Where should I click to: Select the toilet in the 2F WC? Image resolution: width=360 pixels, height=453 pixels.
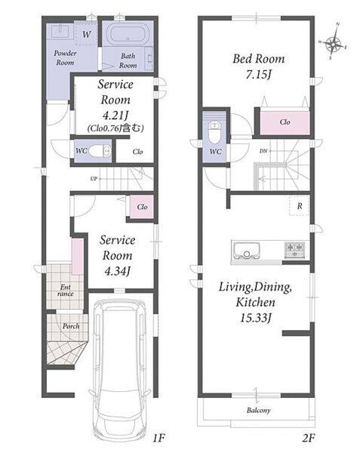click(214, 132)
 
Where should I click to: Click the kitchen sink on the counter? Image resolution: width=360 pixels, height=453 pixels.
click(246, 251)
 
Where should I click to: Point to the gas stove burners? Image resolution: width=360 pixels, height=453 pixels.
click(294, 250)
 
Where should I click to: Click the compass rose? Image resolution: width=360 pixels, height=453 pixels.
click(333, 42)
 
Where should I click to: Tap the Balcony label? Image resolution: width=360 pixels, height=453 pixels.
click(259, 410)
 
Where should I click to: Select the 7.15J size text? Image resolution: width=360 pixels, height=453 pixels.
click(259, 75)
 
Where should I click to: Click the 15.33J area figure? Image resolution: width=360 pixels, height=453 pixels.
click(255, 318)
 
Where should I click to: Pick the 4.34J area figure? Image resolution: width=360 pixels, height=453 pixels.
click(117, 271)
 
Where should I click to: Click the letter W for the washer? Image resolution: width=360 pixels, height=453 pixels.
click(86, 35)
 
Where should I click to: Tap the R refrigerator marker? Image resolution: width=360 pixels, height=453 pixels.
click(300, 205)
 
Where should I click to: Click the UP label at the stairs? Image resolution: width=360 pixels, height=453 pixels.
click(94, 179)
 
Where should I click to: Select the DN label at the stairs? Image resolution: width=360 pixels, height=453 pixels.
click(263, 151)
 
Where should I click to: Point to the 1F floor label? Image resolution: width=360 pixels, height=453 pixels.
click(158, 439)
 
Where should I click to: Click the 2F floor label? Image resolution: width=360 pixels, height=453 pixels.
click(308, 439)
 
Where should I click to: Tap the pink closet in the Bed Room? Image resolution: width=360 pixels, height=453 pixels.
click(285, 122)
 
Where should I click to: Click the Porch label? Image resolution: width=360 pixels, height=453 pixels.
click(71, 326)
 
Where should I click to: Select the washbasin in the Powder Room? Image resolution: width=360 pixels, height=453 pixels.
click(60, 31)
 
